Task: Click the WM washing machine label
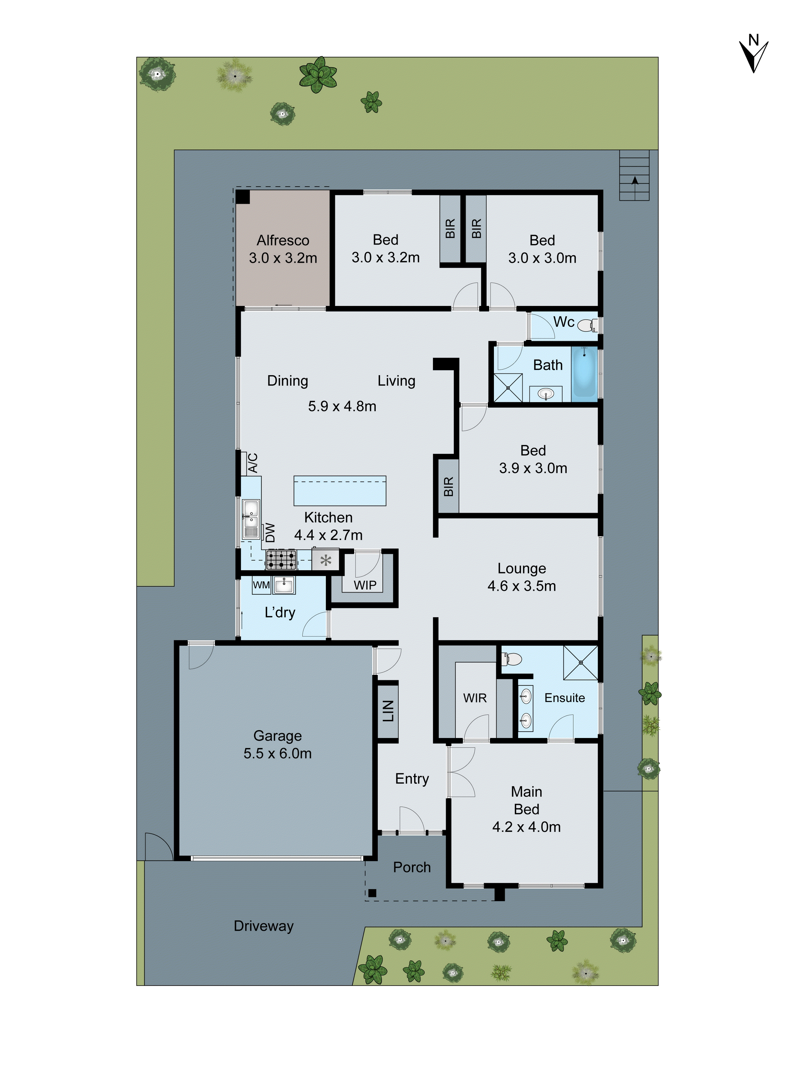261,585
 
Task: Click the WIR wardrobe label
475,698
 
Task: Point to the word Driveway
264,926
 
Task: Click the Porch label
411,867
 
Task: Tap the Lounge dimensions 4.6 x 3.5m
521,586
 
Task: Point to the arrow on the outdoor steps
634,180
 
